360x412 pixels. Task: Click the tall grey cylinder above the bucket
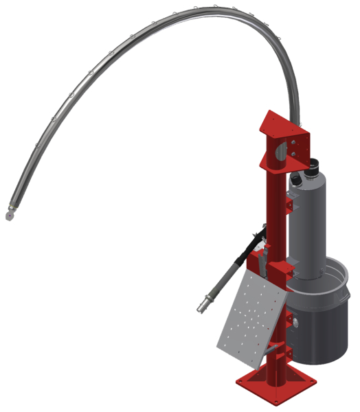(x=313, y=220)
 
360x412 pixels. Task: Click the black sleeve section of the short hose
(x=243, y=253)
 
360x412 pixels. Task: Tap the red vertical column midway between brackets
(x=273, y=213)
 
